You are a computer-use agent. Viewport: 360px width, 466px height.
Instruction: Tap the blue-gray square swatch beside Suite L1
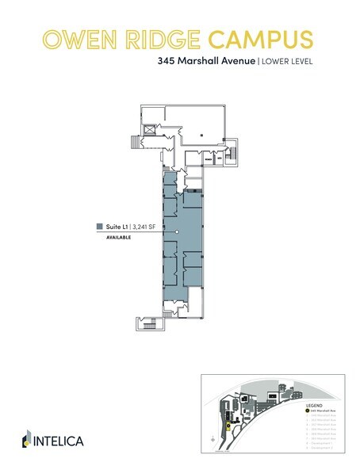tap(99, 226)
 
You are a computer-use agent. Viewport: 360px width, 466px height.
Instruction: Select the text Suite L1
tap(117, 226)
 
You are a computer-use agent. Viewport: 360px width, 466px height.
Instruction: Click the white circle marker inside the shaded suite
tap(178, 232)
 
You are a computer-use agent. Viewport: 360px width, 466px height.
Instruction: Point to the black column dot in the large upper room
tap(203, 136)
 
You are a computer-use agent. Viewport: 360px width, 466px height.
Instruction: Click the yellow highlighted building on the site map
tap(229, 425)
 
